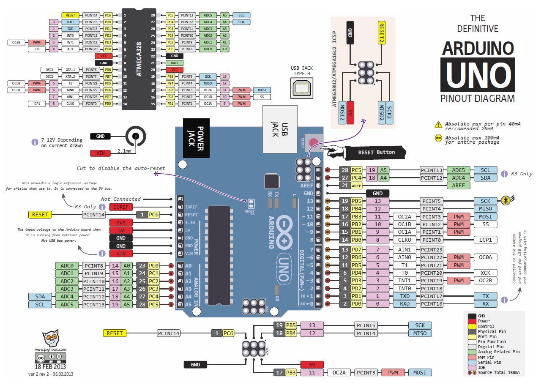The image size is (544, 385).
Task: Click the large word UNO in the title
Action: (x=478, y=75)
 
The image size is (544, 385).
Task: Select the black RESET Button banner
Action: (x=376, y=152)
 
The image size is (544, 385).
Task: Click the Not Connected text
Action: (x=121, y=199)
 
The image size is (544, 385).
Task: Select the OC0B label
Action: (x=16, y=83)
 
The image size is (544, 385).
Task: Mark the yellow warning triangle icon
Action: (x=438, y=125)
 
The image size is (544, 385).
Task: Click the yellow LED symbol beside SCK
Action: (x=506, y=201)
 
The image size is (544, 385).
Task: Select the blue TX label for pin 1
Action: (x=485, y=296)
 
